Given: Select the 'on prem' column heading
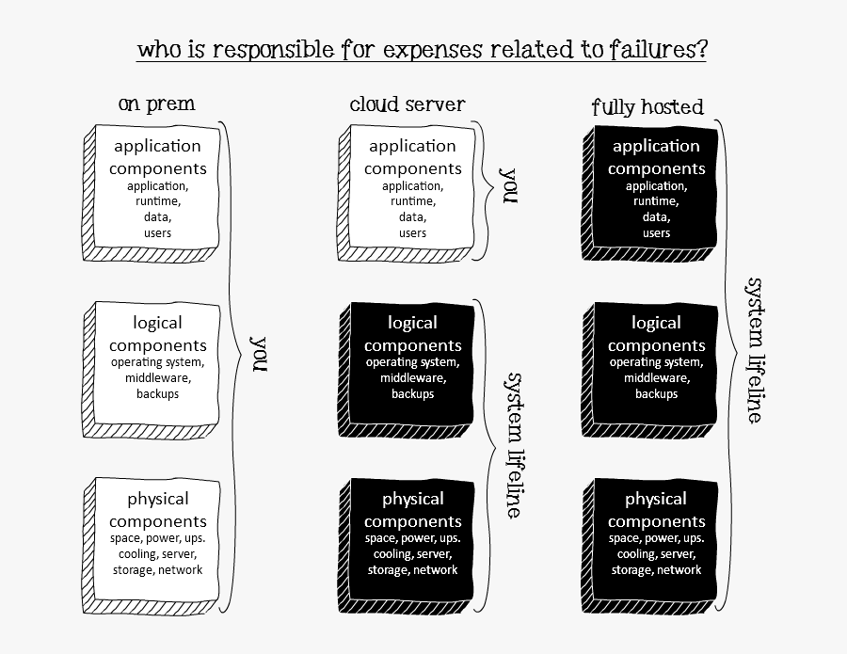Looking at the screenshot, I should click(157, 104).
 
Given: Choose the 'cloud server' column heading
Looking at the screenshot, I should click(408, 104).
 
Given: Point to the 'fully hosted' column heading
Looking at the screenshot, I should click(647, 106).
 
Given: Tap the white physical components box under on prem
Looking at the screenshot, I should click(157, 539).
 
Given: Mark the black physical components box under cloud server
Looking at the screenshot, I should click(412, 539).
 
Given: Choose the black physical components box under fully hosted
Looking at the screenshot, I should click(656, 539).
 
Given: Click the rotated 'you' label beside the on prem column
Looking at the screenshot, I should click(258, 354).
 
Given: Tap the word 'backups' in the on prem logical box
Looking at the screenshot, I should click(157, 394).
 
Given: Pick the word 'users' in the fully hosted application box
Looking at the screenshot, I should click(656, 233).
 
